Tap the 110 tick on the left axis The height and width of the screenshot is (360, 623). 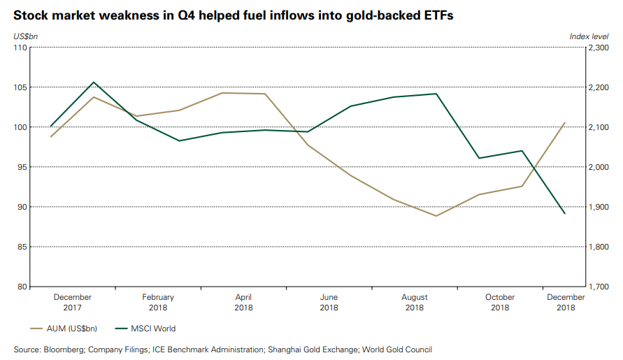point(20,48)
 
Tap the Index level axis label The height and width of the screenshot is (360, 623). point(591,36)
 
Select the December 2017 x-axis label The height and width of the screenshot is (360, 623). point(72,302)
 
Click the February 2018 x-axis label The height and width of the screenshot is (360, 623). point(157,302)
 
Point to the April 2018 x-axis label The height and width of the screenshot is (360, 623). point(243,302)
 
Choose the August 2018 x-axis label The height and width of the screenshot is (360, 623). point(415,302)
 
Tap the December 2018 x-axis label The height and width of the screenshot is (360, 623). point(566,302)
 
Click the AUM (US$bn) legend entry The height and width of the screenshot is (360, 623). point(68,329)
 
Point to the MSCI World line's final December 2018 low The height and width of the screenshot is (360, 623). point(564,213)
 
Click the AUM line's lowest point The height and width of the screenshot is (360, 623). point(436,216)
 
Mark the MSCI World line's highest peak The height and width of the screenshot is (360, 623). point(94,82)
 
